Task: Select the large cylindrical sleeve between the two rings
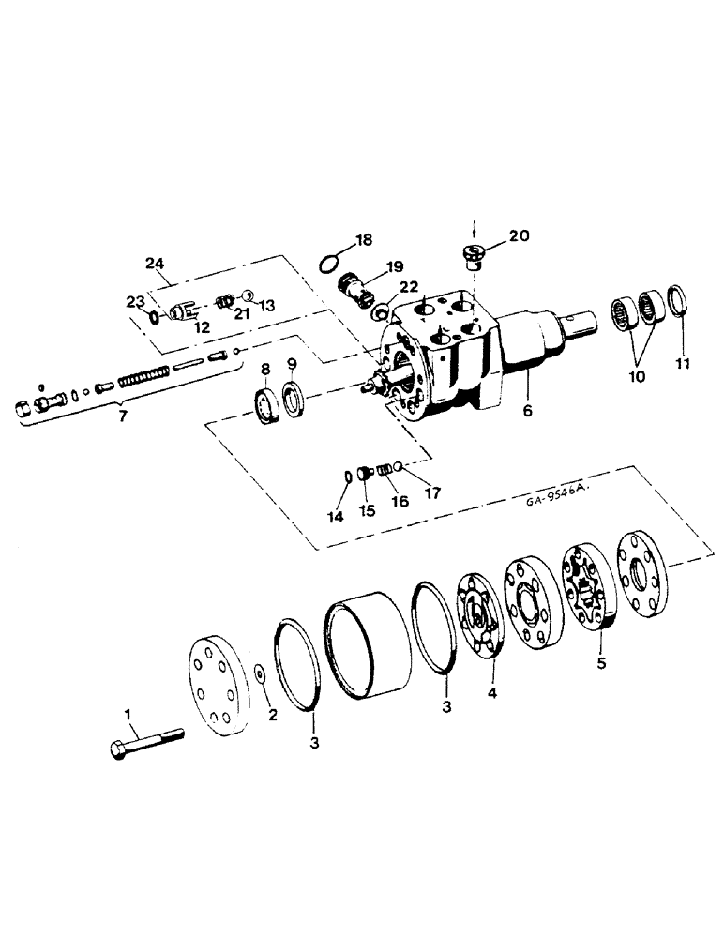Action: [369, 645]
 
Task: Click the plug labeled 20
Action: [472, 254]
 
